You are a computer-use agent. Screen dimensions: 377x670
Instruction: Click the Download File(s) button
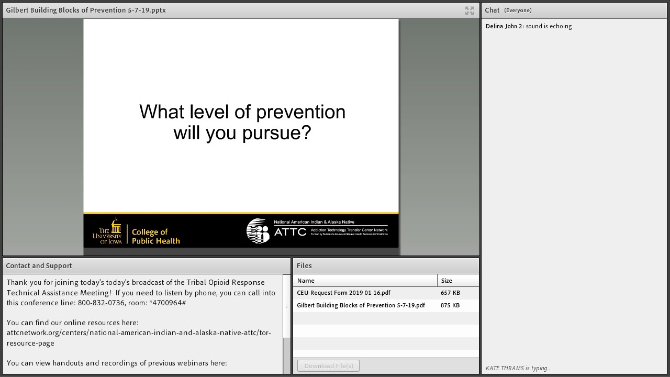328,366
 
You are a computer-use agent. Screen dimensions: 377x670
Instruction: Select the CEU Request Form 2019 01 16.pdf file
343,293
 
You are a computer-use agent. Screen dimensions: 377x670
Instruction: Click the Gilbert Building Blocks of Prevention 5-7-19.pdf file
361,305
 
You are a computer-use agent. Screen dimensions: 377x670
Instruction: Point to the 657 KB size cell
450,293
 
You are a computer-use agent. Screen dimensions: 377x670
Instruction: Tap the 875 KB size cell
450,305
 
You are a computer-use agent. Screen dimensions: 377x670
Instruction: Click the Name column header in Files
306,281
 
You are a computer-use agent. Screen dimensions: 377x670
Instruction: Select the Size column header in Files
446,281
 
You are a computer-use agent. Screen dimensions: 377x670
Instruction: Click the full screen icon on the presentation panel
470,10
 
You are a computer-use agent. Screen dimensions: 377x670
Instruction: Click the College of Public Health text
155,236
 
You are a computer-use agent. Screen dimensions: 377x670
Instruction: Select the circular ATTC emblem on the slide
258,231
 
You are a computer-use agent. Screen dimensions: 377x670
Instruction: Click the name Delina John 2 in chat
504,26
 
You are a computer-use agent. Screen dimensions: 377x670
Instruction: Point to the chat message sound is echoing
549,26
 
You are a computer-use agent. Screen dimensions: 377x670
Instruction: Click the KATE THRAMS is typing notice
518,368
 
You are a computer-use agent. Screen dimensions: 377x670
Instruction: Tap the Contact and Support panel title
39,266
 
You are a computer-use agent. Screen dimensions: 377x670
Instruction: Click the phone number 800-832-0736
101,303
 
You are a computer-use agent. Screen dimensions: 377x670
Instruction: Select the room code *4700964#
167,303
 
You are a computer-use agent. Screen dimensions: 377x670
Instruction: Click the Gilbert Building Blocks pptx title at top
86,10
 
